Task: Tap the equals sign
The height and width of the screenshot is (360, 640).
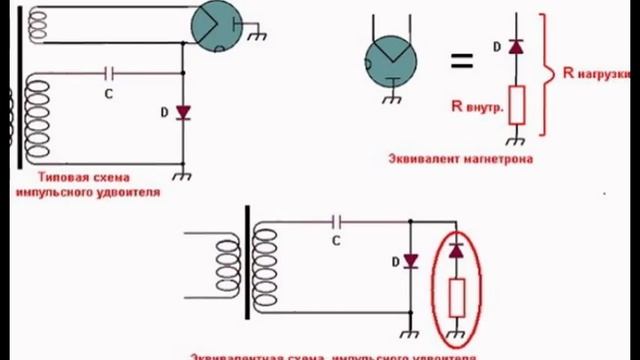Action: point(460,62)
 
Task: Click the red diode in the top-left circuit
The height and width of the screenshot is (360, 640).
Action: point(182,111)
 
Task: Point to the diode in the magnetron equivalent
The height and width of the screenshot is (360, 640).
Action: point(517,47)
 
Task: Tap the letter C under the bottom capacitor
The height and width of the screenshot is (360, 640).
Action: point(335,240)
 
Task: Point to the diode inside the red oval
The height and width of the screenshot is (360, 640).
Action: point(457,251)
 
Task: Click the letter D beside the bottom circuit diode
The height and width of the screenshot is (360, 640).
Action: point(409,261)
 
